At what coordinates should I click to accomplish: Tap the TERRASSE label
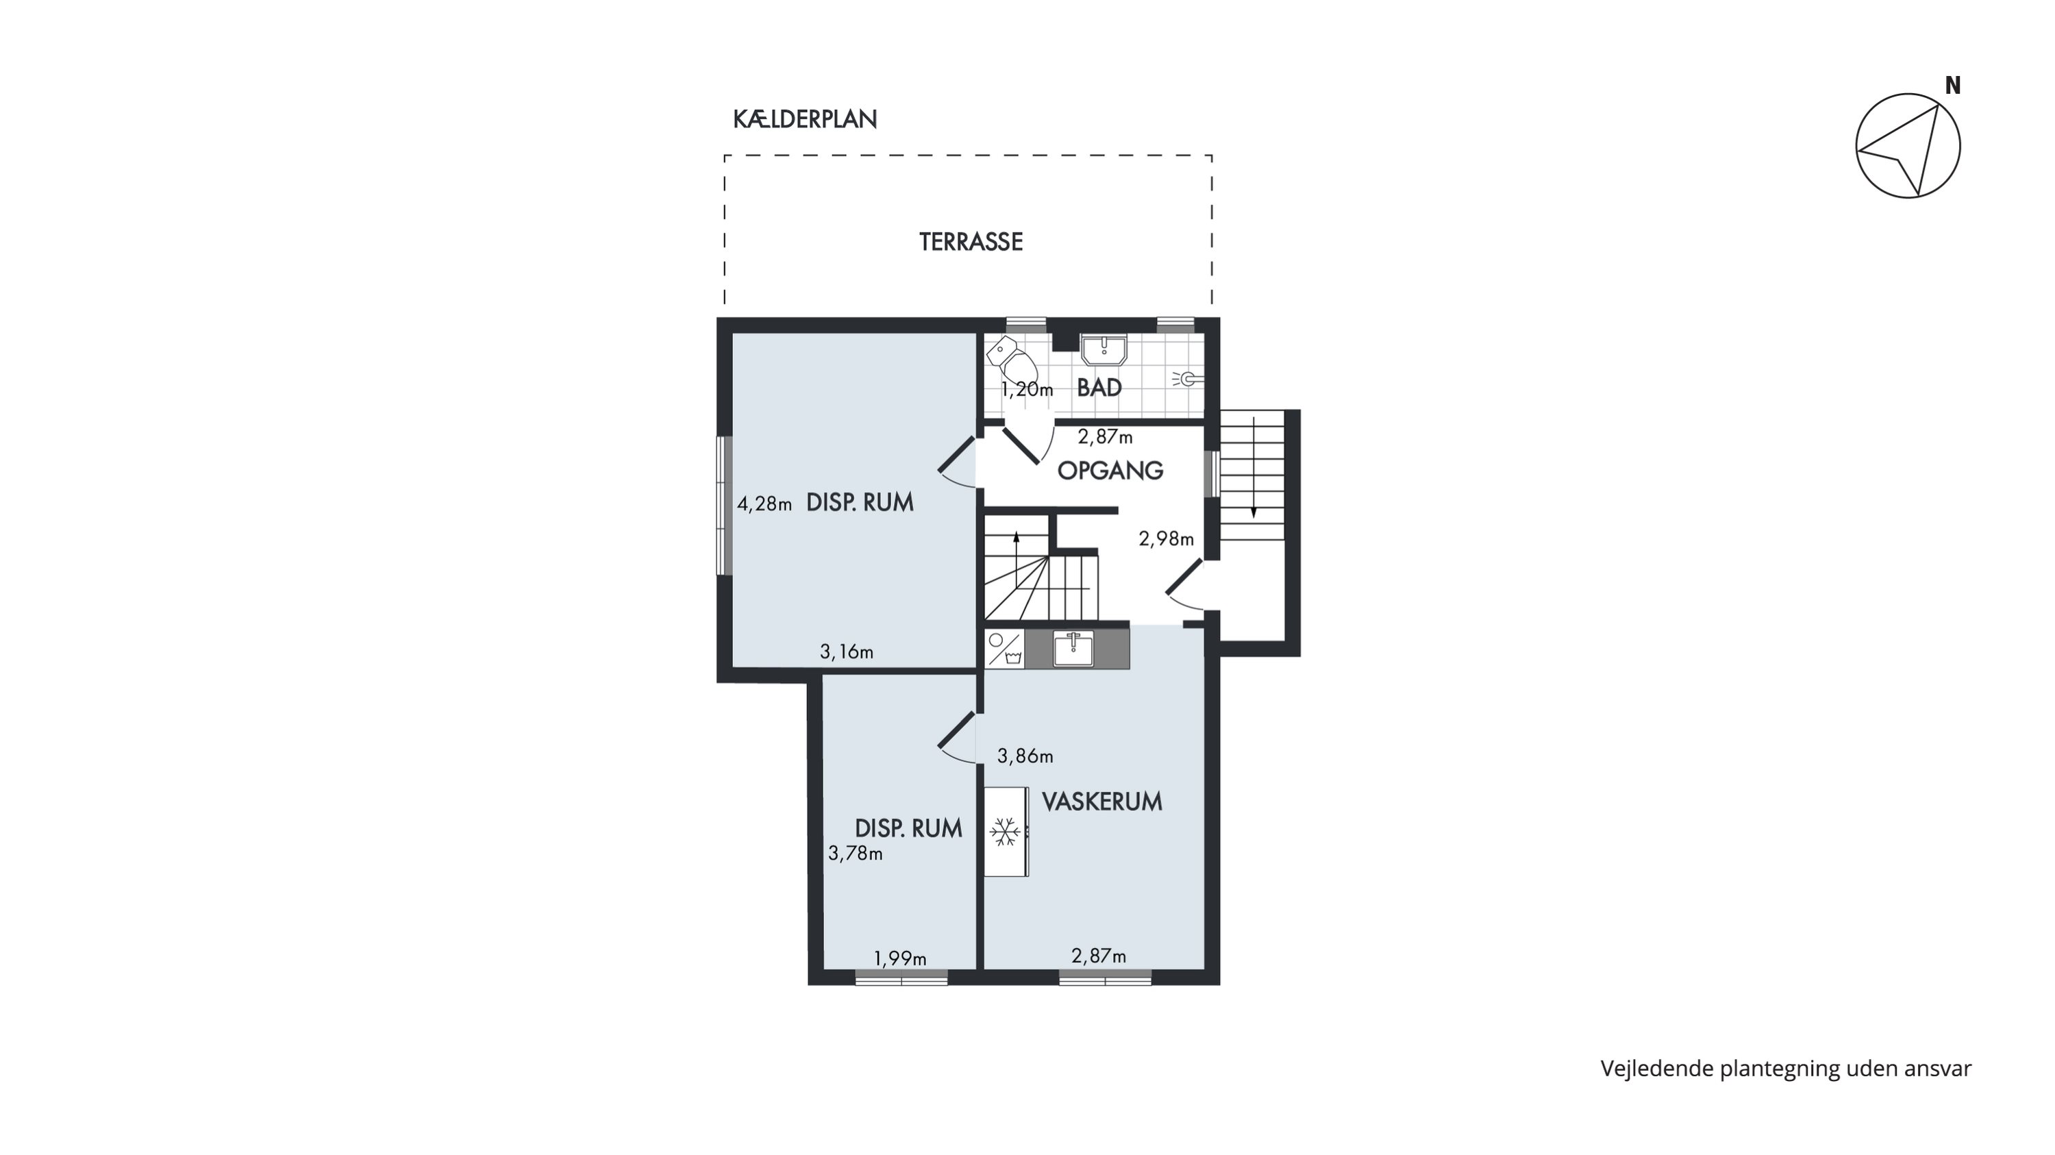(971, 242)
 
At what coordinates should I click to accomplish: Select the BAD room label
(1099, 388)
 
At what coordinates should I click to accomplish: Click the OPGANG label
(1110, 471)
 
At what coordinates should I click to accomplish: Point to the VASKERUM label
(1101, 802)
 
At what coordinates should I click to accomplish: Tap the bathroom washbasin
(1104, 350)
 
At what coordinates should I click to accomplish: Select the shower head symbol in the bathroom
(1187, 379)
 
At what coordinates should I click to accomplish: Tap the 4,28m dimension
(764, 504)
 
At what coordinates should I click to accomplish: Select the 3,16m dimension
(847, 652)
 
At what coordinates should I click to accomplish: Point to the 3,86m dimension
(1025, 756)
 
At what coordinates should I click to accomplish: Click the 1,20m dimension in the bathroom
(1027, 390)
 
